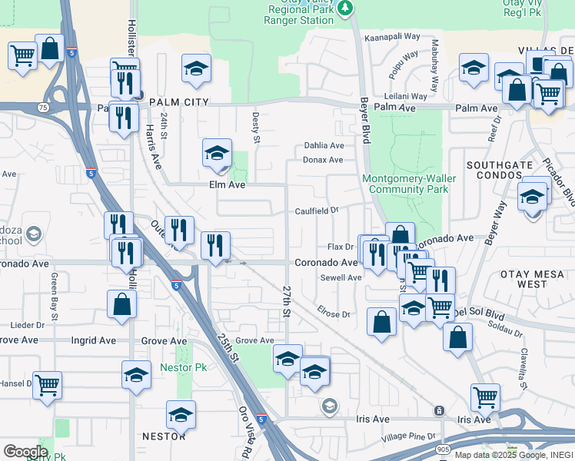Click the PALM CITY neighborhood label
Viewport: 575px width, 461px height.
(178, 102)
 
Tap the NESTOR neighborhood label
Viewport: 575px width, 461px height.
(164, 436)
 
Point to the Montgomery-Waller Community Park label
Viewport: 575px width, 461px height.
(409, 184)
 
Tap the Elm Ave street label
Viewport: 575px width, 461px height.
(227, 185)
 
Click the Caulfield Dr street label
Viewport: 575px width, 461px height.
(317, 211)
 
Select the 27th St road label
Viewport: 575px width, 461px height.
(286, 302)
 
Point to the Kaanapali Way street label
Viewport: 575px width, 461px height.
(392, 36)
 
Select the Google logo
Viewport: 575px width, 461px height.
(25, 451)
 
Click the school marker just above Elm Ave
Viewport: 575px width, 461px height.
(217, 154)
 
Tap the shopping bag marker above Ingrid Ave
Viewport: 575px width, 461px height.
(122, 304)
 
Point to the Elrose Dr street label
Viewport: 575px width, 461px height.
(334, 313)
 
